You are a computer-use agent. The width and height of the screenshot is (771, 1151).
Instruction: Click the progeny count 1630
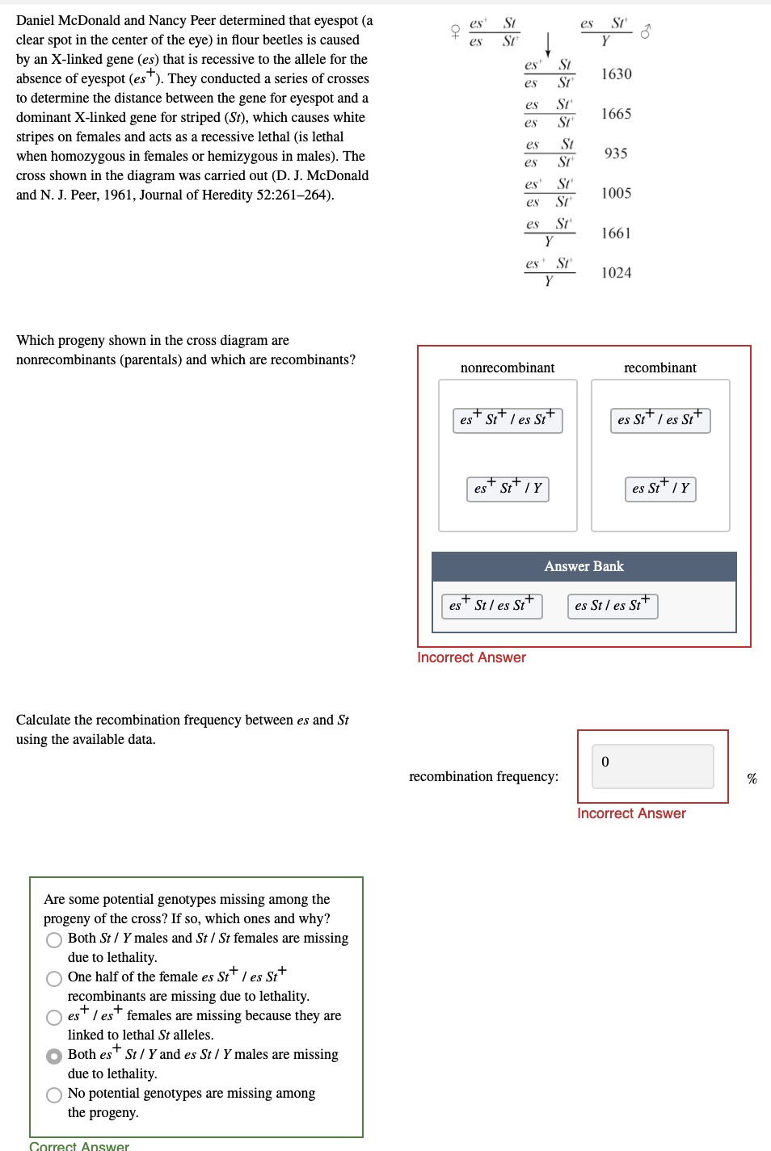[x=616, y=74]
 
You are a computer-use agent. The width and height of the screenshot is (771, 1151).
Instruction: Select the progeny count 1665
[x=616, y=114]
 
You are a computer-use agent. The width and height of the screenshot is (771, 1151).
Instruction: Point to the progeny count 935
[x=616, y=153]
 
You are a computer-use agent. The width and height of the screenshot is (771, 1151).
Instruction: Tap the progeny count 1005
[x=616, y=193]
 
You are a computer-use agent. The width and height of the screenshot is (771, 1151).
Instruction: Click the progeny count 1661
[x=616, y=233]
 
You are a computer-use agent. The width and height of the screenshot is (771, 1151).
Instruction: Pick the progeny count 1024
[x=616, y=273]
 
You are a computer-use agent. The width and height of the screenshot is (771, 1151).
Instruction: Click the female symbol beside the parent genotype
[x=455, y=32]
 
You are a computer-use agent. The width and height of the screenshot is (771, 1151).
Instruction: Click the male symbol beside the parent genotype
[x=645, y=32]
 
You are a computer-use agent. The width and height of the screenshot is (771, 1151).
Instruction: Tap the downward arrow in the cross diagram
[x=548, y=45]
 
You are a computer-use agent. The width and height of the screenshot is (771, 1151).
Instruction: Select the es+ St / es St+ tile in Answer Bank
[x=491, y=606]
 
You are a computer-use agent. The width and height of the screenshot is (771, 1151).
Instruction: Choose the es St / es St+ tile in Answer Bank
[x=613, y=606]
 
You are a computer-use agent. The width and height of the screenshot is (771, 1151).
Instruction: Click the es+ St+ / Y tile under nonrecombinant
[x=508, y=489]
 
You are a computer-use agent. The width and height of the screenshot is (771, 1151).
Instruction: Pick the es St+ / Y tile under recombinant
[x=660, y=489]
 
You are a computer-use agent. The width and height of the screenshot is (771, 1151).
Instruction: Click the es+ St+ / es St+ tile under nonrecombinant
[x=508, y=420]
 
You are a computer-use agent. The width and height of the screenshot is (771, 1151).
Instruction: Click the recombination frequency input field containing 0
[x=652, y=766]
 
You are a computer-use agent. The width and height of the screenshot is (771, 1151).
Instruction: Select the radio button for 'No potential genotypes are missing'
[x=54, y=1095]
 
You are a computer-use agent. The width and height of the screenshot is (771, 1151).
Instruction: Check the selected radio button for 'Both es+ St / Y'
[x=54, y=1056]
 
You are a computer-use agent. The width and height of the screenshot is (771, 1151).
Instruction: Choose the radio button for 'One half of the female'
[x=54, y=979]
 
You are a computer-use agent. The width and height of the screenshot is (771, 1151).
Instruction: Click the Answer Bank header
[x=584, y=566]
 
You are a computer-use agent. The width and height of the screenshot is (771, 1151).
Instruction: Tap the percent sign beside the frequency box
[x=752, y=779]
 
